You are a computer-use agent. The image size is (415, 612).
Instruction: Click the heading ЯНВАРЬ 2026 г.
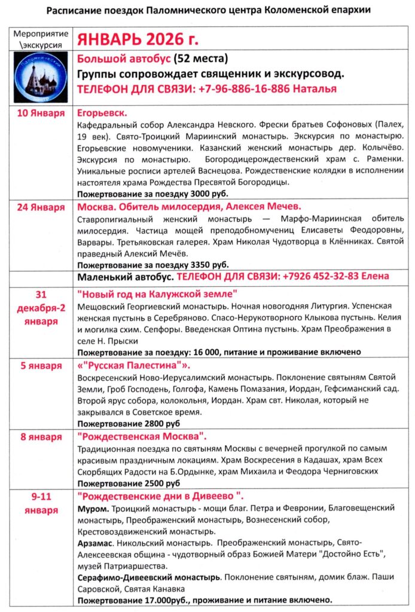(x=136, y=39)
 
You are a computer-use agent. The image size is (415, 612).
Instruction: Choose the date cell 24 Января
(x=41, y=207)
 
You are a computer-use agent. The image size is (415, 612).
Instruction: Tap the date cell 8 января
(x=41, y=437)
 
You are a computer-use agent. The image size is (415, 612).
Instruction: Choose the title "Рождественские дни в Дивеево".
(x=160, y=497)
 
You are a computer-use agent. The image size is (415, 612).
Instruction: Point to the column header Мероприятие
(x=41, y=34)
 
